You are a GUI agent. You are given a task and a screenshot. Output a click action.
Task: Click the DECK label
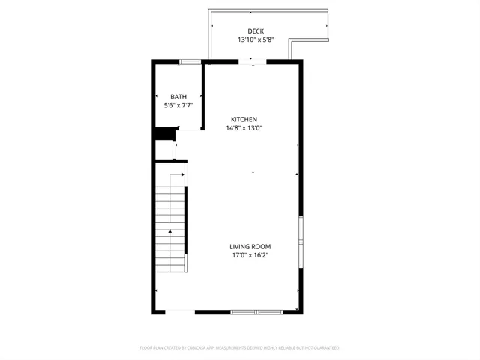[x=256, y=31]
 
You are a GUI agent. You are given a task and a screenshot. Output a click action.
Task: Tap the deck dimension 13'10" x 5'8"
[x=256, y=40]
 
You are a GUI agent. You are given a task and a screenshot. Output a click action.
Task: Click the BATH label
[x=178, y=97]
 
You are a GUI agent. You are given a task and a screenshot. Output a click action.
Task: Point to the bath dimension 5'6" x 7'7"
[x=178, y=106]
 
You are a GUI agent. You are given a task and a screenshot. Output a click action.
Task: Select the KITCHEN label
[x=244, y=119]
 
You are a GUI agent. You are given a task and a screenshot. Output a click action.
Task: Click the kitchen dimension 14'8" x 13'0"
[x=244, y=128]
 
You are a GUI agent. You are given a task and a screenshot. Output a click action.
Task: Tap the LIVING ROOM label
[x=250, y=247]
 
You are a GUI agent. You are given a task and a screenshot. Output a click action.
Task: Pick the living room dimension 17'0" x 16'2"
[x=250, y=256]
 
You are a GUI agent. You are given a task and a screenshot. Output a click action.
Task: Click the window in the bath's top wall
[x=190, y=61]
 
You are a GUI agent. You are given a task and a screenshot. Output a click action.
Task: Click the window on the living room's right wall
[x=301, y=241]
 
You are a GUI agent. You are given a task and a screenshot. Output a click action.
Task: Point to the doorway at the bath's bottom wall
[x=189, y=131]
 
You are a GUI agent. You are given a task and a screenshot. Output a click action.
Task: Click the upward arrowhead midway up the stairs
[x=170, y=232]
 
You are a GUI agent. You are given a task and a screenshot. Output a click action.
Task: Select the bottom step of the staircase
[x=170, y=271]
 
